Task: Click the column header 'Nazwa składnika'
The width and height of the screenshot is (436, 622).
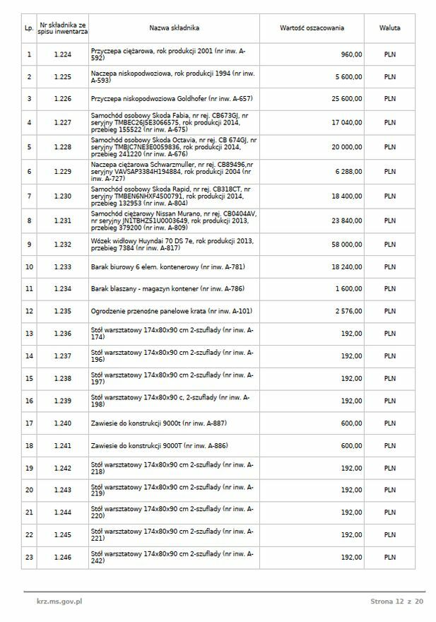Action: (174, 28)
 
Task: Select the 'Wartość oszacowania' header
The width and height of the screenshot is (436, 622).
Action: (312, 28)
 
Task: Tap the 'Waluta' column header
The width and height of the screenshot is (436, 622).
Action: (389, 28)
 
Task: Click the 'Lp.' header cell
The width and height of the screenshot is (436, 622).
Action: (29, 28)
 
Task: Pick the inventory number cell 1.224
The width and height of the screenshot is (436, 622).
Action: (63, 54)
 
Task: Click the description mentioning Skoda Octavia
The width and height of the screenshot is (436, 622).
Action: (174, 146)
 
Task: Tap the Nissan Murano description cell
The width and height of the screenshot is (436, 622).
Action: (174, 221)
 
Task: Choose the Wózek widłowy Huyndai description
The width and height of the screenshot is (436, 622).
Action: (174, 244)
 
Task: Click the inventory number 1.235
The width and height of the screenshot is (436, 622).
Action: (63, 311)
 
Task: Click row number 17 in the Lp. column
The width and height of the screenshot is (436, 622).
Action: (29, 423)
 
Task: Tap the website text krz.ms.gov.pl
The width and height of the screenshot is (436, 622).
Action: (59, 602)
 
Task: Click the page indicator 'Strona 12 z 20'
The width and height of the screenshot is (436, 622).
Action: (396, 602)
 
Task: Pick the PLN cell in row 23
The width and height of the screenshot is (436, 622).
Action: (389, 558)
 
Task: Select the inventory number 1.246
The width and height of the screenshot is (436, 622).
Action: (63, 558)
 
